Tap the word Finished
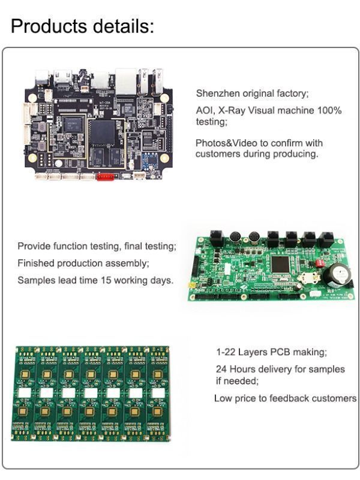pyautogui.click(x=37, y=263)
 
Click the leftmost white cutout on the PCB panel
pyautogui.click(x=24, y=393)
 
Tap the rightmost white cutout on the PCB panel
pyautogui.click(x=157, y=393)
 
